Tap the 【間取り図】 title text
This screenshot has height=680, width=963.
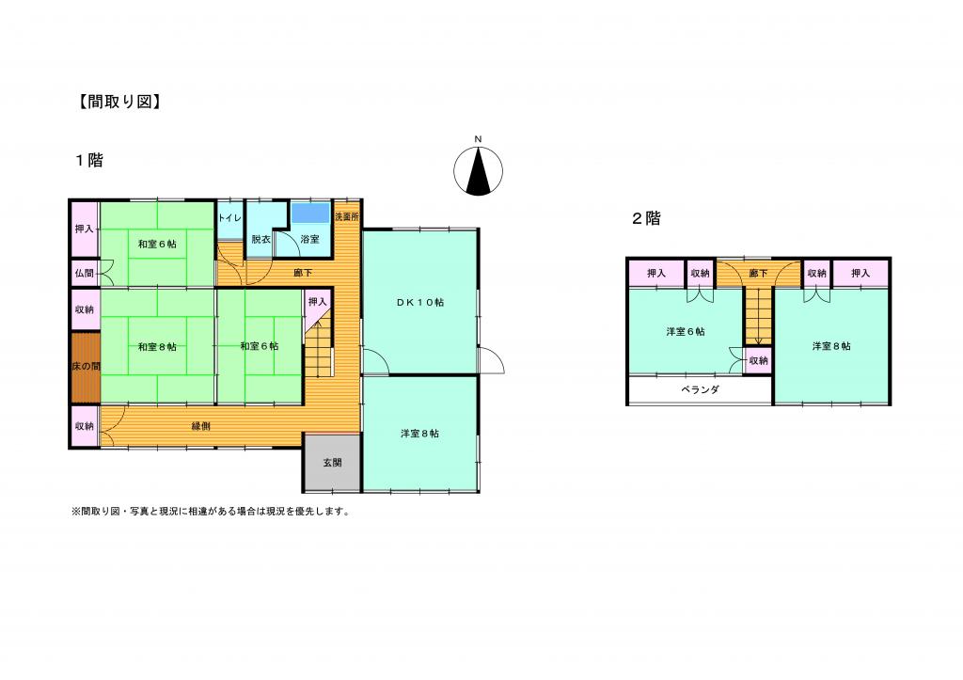tap(119, 102)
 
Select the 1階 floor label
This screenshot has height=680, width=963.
tap(89, 161)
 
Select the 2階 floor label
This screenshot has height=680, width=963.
tap(647, 218)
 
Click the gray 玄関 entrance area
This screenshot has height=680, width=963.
tap(332, 463)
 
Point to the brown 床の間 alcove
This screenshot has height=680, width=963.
tap(86, 367)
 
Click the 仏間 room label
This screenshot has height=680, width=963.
tap(84, 274)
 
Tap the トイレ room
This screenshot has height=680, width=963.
tap(230, 220)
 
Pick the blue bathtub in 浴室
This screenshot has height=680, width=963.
tap(310, 213)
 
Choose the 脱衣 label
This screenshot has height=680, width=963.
tap(260, 240)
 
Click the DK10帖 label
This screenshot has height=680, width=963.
tap(420, 302)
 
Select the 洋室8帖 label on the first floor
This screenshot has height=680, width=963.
tap(419, 434)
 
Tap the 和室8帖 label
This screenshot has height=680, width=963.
tap(157, 347)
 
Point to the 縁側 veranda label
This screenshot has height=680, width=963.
tap(201, 426)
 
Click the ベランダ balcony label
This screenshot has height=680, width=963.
tap(700, 389)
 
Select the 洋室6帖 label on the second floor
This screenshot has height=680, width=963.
tap(686, 332)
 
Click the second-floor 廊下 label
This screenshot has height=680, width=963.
tap(759, 274)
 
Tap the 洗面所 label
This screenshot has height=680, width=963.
tap(347, 217)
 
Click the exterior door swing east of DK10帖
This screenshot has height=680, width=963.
tap(492, 360)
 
